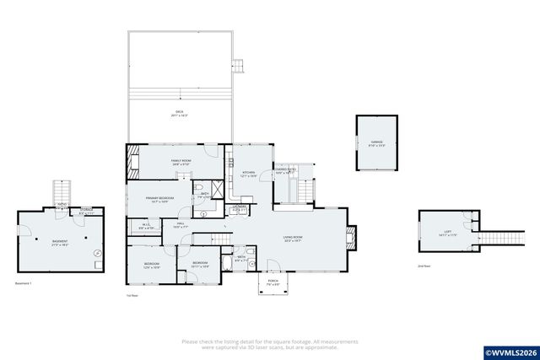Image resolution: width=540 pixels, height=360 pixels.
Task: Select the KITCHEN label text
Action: tap(246, 175)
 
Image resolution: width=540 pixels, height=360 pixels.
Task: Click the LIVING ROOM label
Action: tap(293, 239)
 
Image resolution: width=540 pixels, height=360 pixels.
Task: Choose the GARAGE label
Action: tap(375, 142)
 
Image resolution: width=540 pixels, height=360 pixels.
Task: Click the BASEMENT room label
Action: tap(60, 242)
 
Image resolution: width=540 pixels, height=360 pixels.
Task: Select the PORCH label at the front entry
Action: tap(273, 282)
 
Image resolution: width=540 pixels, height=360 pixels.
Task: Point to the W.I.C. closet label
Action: tap(144, 226)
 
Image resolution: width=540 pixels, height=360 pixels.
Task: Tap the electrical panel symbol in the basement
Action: tap(98, 252)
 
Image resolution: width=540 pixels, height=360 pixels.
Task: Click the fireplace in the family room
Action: tap(131, 161)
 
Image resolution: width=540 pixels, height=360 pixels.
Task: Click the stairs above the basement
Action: tap(61, 191)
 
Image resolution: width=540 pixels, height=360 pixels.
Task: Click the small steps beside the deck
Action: tap(238, 66)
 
